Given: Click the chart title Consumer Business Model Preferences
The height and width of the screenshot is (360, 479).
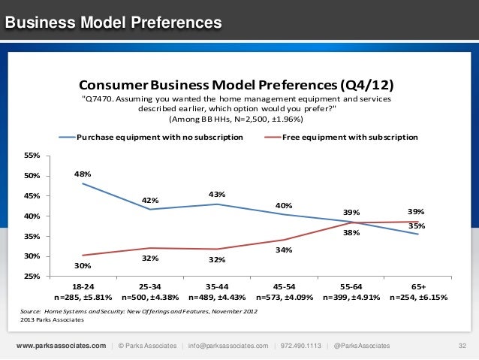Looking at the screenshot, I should pos(236,83).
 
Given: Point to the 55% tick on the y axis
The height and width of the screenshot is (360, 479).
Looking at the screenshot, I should pos(32,156).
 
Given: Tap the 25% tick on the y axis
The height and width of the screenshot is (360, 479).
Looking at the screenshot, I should pos(32,277).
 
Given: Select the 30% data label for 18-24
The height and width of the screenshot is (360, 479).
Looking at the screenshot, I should pos(83,265).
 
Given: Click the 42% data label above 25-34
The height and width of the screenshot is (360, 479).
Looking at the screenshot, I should pos(150,200).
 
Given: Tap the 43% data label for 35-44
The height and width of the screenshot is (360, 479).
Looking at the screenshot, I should pos(217,195).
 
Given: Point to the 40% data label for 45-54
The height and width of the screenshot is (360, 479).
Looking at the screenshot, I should pos(284,205).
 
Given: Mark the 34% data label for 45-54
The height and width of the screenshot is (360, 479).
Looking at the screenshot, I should pos(284,250).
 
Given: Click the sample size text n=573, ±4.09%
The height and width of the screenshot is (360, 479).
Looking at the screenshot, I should pos(284,298).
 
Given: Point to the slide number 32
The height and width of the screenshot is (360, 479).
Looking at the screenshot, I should pos(462,346).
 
